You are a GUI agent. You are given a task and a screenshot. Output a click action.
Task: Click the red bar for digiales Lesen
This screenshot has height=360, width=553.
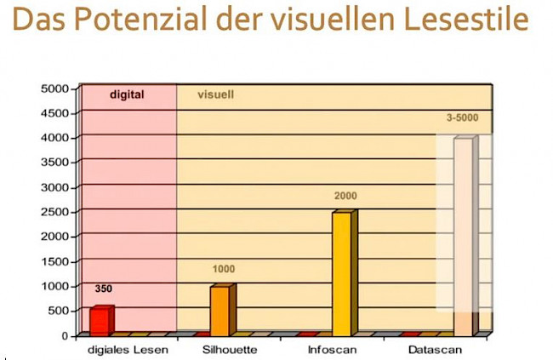100,320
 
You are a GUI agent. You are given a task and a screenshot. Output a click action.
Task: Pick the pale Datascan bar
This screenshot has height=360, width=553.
464,237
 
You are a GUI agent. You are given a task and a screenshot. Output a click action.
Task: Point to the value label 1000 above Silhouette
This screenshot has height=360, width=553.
223,269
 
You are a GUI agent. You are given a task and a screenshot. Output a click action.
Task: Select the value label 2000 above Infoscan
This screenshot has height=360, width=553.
345,196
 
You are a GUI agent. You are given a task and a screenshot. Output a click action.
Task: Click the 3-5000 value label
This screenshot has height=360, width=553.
462,117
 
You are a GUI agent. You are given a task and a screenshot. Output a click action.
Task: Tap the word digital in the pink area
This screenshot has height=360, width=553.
127,94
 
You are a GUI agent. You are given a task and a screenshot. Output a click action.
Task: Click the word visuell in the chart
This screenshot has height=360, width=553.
216,94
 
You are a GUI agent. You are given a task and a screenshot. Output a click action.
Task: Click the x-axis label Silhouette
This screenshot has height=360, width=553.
230,349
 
